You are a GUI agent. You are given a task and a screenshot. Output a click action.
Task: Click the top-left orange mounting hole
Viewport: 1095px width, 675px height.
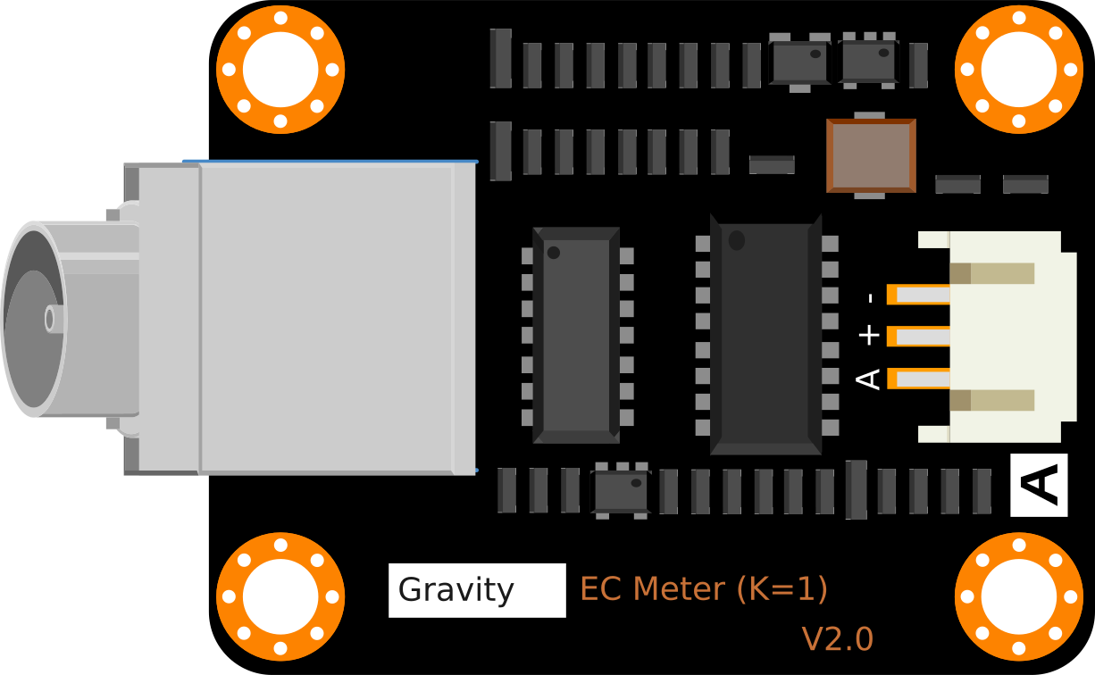[280, 70]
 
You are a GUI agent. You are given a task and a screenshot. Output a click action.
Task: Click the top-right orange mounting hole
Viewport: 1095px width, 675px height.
[1018, 70]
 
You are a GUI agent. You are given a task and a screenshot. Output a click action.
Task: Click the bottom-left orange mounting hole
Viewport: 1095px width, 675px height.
[280, 596]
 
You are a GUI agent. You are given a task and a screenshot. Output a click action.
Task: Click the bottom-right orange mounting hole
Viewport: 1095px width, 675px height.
[1018, 596]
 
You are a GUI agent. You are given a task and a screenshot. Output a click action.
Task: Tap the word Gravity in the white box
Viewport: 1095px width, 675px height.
[456, 590]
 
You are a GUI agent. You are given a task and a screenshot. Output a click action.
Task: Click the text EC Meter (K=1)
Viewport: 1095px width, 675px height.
[703, 589]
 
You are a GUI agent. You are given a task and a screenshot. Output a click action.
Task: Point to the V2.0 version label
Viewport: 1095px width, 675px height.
[837, 639]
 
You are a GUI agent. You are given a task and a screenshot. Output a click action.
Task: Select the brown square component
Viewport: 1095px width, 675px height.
[871, 155]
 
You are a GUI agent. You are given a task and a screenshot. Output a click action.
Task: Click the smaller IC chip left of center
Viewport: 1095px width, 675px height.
[576, 335]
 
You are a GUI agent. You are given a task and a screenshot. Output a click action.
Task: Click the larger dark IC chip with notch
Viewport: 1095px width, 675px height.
[765, 335]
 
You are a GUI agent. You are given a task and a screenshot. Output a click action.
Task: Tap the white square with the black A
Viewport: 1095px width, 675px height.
[1039, 485]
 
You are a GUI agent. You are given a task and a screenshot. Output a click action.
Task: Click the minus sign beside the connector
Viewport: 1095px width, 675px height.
[869, 297]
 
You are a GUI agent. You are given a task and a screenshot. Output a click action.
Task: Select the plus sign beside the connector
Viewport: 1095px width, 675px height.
[868, 336]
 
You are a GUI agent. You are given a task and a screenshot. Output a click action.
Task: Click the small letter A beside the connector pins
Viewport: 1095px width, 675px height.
[868, 379]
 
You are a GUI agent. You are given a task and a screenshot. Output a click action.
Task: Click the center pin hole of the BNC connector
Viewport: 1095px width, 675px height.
[49, 319]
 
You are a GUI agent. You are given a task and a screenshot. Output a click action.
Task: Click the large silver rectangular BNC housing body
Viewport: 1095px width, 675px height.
[326, 318]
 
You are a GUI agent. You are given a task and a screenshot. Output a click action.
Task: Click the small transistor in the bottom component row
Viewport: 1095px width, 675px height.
[620, 490]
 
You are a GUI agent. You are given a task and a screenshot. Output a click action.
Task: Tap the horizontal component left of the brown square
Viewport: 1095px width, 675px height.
[772, 164]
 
